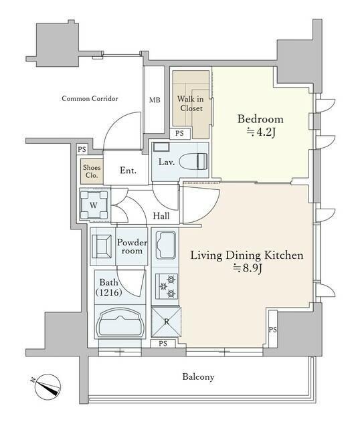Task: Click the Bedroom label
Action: [x=260, y=119]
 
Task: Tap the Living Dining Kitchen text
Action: [x=247, y=255]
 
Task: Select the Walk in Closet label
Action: [x=191, y=104]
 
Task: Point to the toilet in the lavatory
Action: [x=193, y=162]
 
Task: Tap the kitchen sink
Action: [x=165, y=245]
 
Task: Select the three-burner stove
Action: [x=167, y=287]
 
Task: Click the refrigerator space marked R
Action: [x=166, y=322]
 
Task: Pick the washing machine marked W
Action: [x=94, y=205]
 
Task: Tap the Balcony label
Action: [x=198, y=377]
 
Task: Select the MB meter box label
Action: [x=155, y=100]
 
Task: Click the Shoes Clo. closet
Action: [x=92, y=171]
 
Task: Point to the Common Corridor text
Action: [x=90, y=98]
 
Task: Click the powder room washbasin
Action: [x=102, y=247]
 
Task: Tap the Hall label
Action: [x=161, y=216]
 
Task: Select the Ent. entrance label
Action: [x=128, y=171]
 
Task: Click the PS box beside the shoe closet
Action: [x=82, y=149]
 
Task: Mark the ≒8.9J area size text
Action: [x=247, y=269]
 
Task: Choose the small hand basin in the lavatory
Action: [x=161, y=147]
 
